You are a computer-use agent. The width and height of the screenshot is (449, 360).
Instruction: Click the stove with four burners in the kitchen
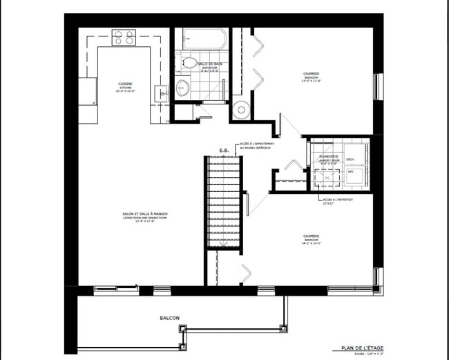point(124,38)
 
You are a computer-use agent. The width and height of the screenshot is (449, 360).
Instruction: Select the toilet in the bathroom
point(189,62)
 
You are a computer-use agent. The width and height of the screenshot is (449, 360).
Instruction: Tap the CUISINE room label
point(125,84)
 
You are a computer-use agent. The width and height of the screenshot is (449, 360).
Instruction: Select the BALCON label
point(170,318)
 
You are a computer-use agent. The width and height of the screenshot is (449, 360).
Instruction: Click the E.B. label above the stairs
point(224,150)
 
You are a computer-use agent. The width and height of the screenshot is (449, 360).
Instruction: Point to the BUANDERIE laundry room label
point(328,156)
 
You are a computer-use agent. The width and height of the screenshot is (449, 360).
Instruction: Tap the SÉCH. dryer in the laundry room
point(350,160)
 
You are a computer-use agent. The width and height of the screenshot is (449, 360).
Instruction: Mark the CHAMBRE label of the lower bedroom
point(311,236)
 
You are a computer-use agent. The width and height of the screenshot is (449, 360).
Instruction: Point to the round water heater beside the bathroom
point(241,109)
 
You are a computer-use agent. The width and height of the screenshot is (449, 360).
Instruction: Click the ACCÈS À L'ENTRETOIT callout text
point(337,199)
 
